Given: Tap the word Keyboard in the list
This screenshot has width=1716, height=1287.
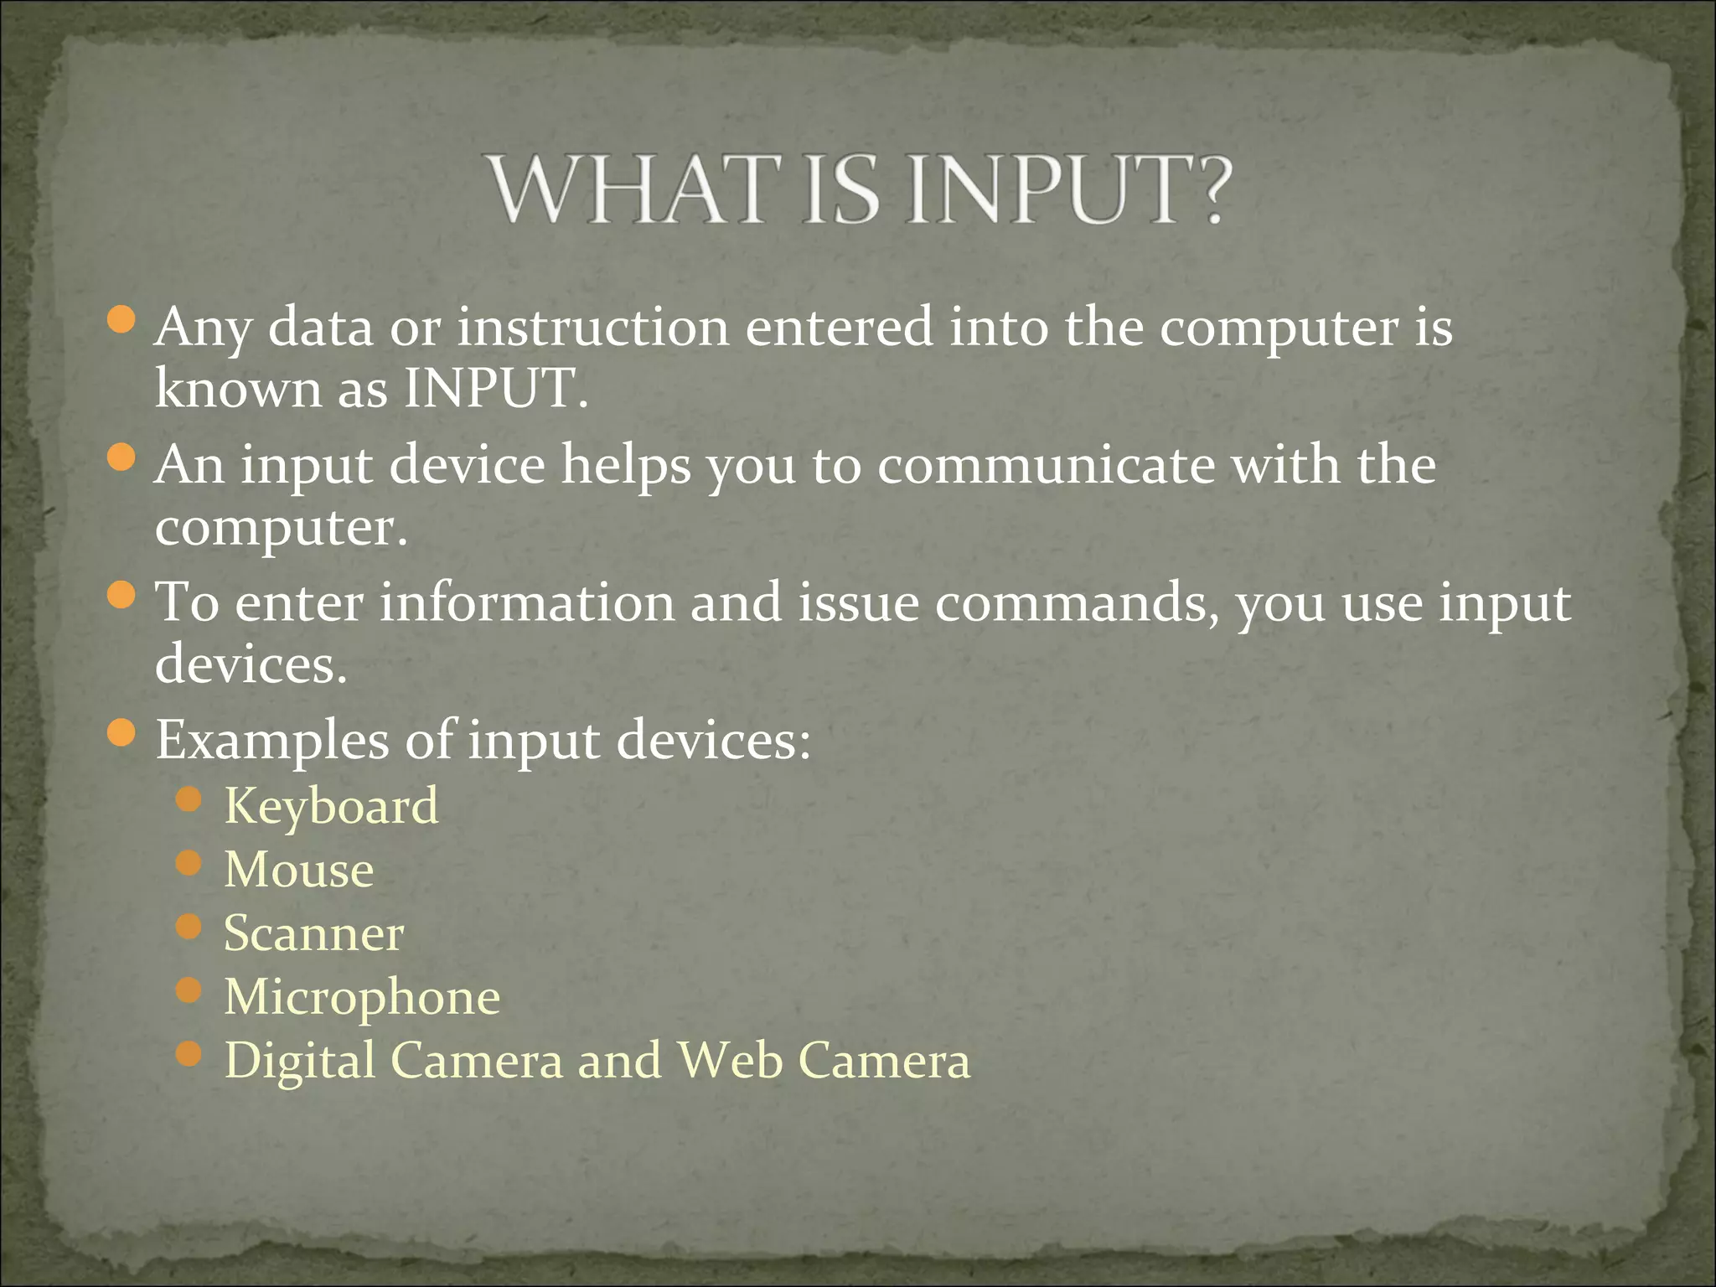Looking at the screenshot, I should [331, 807].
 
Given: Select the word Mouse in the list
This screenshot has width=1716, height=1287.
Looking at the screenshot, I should [299, 870].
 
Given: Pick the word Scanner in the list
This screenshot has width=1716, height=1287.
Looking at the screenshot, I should [313, 933].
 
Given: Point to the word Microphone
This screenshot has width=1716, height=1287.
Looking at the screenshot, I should [362, 997].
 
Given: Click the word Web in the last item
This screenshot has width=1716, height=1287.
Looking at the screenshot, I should [730, 1060].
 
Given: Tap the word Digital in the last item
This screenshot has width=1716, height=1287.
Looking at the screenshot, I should [300, 1062].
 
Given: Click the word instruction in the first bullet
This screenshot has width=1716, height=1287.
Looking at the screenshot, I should [592, 327].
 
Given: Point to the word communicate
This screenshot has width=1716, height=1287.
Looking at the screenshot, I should [1046, 465].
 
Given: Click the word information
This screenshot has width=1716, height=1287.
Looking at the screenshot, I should [527, 603].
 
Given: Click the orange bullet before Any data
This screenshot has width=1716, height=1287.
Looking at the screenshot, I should [122, 320].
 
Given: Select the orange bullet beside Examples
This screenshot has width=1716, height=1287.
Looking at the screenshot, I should [122, 733].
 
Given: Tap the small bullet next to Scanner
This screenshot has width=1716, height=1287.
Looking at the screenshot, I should [189, 927].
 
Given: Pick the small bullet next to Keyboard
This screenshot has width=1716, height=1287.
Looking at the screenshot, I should [189, 799].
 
